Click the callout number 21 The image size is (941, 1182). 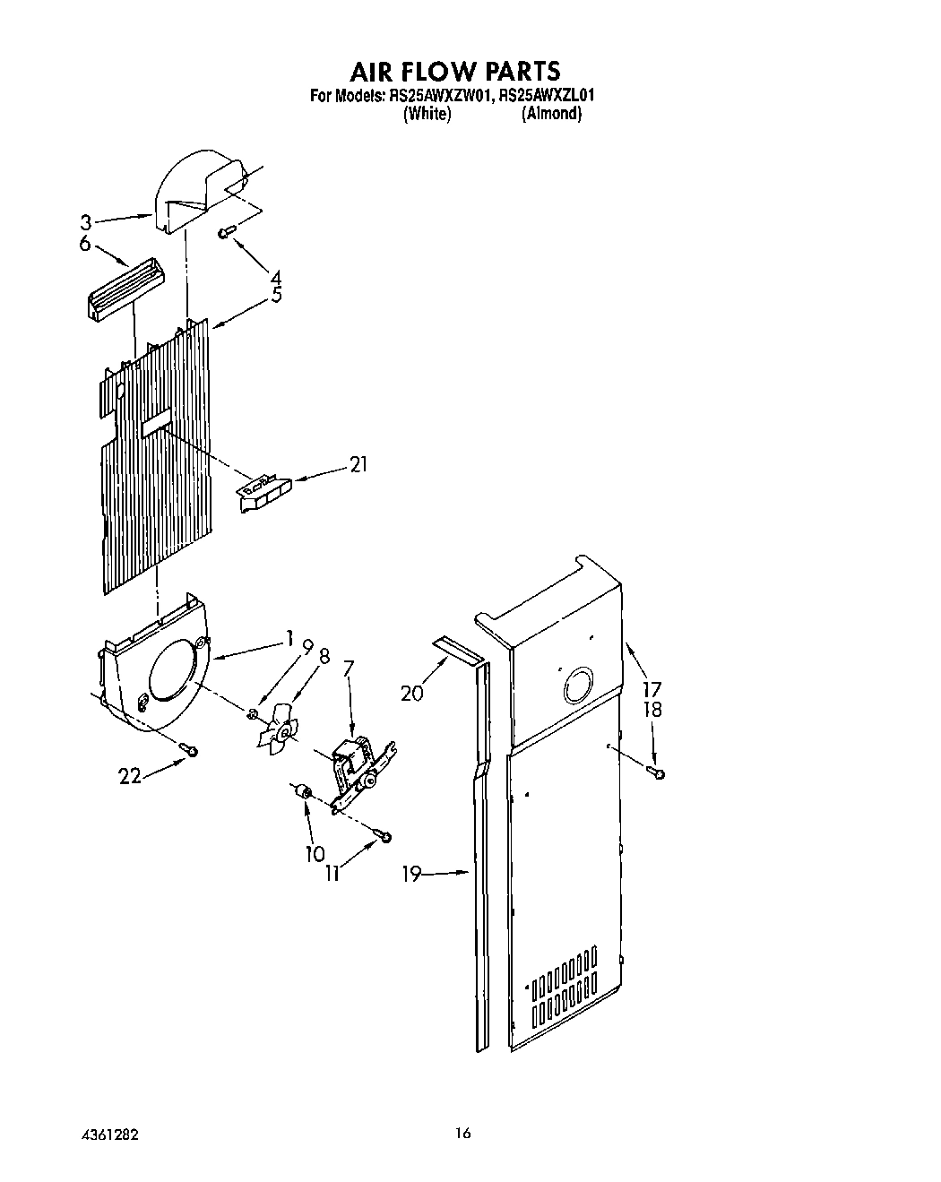pos(358,464)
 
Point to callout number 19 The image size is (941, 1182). pos(411,873)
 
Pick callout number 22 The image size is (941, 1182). pos(130,776)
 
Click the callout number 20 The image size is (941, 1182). pos(412,693)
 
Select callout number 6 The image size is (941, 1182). pos(84,243)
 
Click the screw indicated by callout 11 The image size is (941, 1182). pos(384,836)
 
